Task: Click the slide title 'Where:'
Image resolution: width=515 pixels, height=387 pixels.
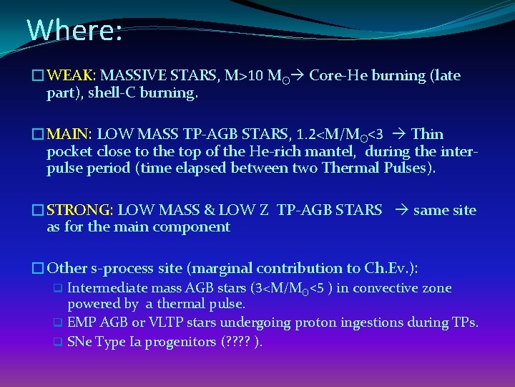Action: (x=74, y=30)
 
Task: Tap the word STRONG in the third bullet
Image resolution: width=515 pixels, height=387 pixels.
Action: (x=79, y=210)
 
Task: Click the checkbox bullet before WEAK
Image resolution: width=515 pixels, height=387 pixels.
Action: (x=38, y=76)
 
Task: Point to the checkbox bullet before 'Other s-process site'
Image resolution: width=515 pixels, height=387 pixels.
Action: (x=38, y=269)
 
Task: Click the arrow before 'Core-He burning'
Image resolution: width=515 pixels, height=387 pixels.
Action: (x=303, y=75)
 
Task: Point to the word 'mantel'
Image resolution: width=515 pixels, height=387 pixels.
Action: (x=335, y=151)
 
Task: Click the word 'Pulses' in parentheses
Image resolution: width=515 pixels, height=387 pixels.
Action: (x=408, y=168)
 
